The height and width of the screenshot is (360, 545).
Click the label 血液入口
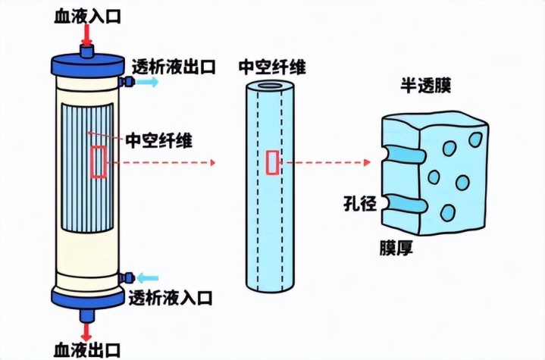(x=87, y=14)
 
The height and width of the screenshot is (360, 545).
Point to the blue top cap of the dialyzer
(x=86, y=62)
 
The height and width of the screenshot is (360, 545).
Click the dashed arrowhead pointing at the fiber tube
(x=214, y=162)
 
